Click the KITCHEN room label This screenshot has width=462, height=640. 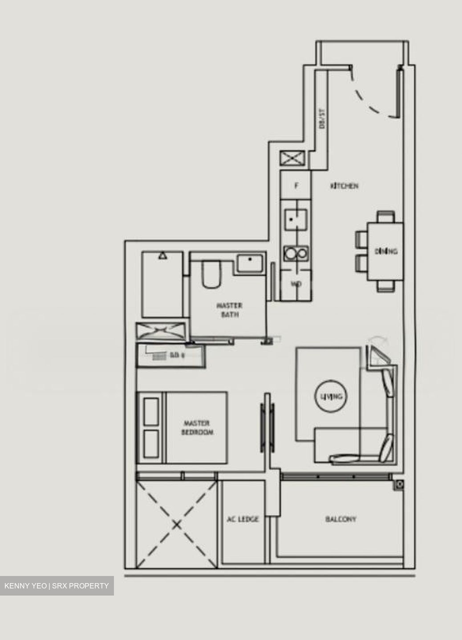pos(344,186)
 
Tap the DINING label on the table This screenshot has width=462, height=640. pos(385,252)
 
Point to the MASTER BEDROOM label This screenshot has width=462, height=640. pos(197,428)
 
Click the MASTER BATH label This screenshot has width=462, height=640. pos(230,310)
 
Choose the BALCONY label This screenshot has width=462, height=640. pos(340,519)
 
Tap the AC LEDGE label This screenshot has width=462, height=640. pos(243,519)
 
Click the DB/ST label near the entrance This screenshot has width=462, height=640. pos(322,119)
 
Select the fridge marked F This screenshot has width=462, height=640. pos(296,186)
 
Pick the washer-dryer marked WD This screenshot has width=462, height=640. pos(296,284)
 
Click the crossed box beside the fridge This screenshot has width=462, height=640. pos(292,158)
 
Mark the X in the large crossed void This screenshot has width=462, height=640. pos(177,525)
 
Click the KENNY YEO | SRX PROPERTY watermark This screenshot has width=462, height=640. pos(57,586)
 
